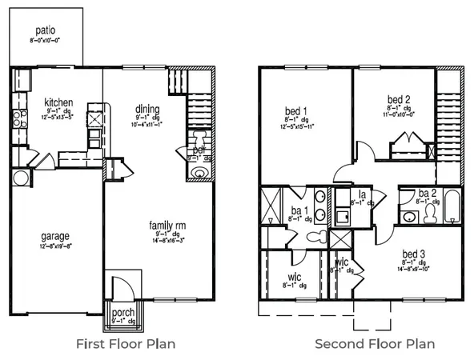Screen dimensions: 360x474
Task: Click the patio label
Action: (x=45, y=30)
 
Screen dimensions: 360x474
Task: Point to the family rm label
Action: (x=169, y=226)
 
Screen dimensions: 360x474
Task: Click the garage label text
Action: (x=54, y=236)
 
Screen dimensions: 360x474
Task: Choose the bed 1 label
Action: (x=296, y=110)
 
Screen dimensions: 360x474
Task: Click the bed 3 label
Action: (x=415, y=252)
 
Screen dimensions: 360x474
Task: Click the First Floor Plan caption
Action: (x=126, y=344)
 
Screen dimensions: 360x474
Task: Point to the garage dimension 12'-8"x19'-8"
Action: (x=54, y=246)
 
